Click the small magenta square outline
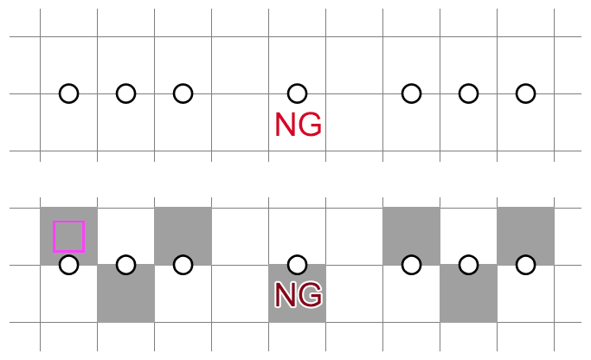(68, 235)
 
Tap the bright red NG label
(298, 125)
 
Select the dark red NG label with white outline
(298, 295)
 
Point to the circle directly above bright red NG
(297, 93)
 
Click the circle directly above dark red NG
(297, 265)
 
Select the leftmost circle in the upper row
(68, 93)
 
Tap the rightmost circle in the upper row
(525, 93)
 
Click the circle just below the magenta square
(68, 265)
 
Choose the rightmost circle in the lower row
(525, 265)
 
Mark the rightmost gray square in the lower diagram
(525, 235)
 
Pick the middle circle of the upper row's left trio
(125, 93)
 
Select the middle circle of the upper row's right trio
(468, 93)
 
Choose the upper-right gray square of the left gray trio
(183, 235)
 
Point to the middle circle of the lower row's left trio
(125, 265)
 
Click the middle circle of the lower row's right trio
(468, 265)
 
